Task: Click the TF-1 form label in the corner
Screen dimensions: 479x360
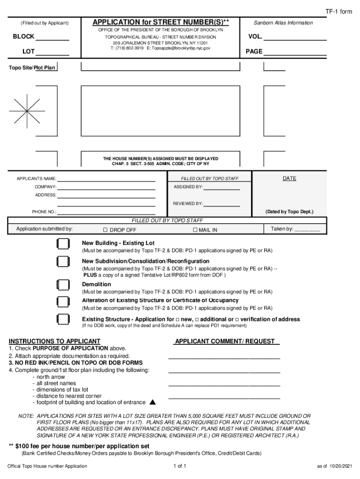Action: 339,11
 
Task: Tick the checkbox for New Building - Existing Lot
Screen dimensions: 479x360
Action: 63,244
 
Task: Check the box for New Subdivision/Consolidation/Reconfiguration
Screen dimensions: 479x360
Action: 63,261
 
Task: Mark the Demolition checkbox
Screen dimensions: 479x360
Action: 63,285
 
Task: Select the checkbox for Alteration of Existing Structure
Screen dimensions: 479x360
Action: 63,301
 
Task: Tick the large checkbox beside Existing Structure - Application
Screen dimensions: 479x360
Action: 63,319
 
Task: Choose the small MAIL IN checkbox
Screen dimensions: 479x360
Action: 195,230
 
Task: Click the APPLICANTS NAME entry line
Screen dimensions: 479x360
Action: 106,179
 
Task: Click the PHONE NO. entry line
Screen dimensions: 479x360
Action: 106,212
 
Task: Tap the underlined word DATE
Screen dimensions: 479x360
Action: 289,178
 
